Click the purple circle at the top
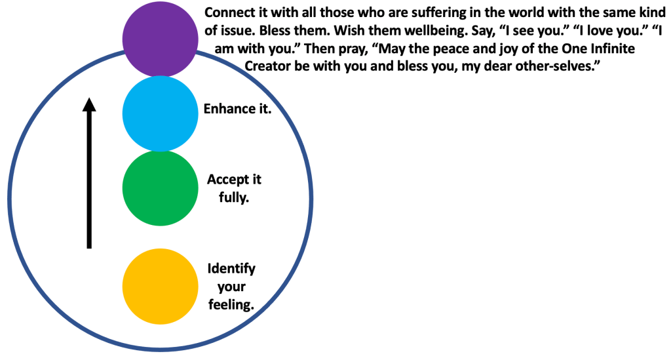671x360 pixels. click(x=160, y=39)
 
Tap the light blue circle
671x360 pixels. click(x=160, y=113)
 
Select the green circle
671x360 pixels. click(x=160, y=188)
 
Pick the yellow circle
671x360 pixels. click(x=160, y=286)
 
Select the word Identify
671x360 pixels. click(x=231, y=269)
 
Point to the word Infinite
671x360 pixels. click(x=611, y=49)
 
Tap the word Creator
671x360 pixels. click(x=268, y=66)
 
